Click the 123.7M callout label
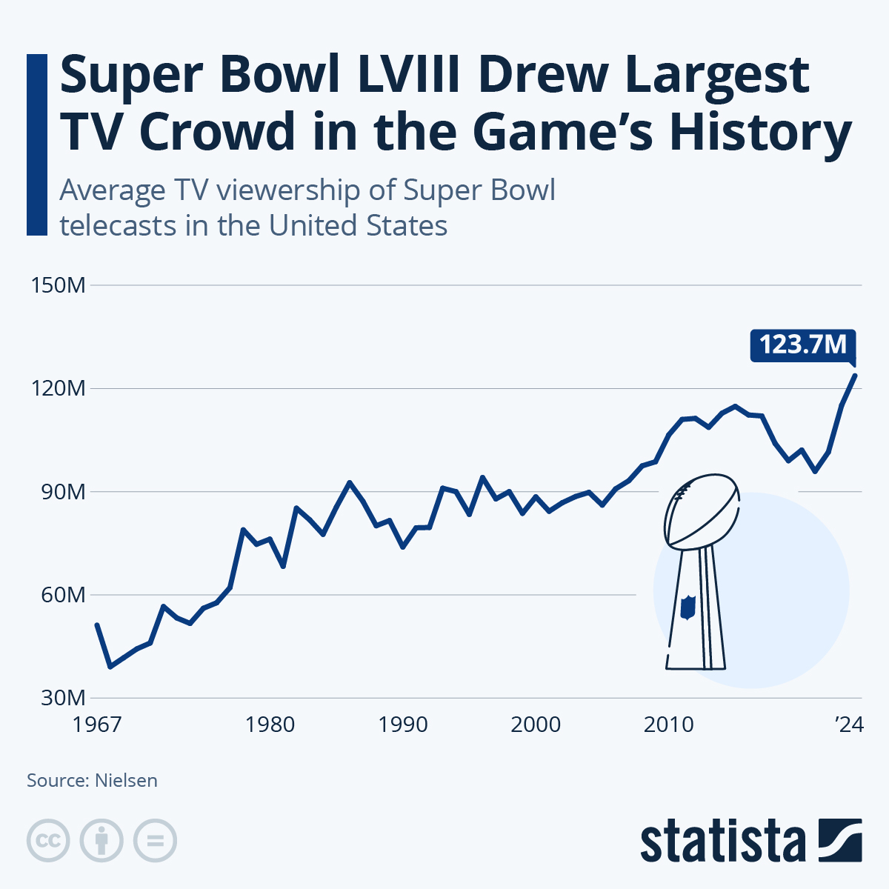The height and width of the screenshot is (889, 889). [803, 345]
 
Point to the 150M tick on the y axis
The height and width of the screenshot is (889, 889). [58, 285]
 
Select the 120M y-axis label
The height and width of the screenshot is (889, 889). [58, 388]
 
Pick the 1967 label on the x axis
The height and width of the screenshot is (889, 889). [97, 724]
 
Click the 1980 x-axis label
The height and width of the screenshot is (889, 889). [270, 724]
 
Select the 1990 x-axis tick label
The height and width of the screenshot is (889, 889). [403, 724]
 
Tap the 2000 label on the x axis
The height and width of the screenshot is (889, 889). [536, 724]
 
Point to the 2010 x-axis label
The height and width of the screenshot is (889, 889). [668, 724]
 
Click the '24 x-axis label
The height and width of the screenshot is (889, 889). [850, 724]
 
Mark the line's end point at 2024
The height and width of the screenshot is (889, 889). [856, 375]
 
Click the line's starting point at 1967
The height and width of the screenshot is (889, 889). [97, 625]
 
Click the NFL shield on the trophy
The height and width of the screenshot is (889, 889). [688, 607]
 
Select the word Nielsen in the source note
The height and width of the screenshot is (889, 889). [126, 780]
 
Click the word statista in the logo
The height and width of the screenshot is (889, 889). [722, 841]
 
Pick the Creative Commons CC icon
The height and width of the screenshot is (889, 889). [48, 841]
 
